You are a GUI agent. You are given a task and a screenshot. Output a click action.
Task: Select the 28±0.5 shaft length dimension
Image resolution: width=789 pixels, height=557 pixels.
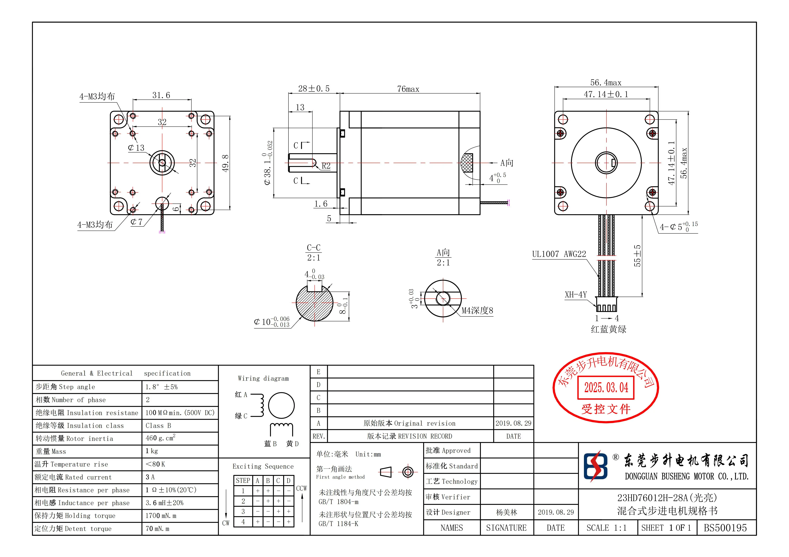313,89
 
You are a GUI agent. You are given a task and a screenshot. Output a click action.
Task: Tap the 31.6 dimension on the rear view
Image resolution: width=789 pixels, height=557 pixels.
161,95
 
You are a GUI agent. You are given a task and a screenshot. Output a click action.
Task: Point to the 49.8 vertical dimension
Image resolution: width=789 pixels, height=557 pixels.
225,163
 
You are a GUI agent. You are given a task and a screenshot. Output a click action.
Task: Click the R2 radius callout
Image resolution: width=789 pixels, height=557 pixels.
326,166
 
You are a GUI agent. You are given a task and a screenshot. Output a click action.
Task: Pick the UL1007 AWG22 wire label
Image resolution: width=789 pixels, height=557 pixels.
559,254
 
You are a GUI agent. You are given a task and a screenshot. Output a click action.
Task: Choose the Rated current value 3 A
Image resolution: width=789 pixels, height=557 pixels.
150,477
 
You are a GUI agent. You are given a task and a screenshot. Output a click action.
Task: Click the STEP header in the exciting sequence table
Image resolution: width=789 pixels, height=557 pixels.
243,480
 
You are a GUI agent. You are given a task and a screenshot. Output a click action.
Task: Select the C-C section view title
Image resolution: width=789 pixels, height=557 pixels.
313,248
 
